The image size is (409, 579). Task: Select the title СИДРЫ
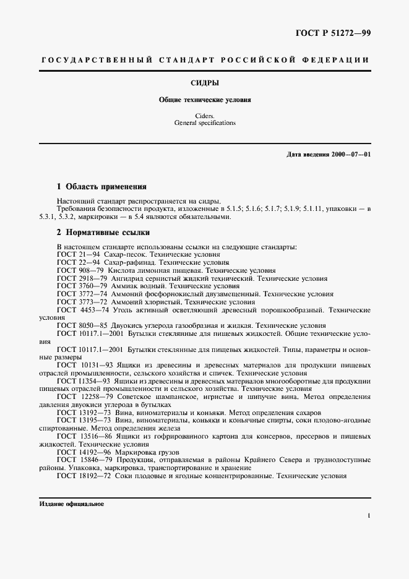[x=204, y=82]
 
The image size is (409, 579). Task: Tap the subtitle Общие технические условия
[x=204, y=99]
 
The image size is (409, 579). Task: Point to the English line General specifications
[x=204, y=123]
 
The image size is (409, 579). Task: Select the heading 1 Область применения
[x=101, y=186]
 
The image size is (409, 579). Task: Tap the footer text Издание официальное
[x=72, y=504]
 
